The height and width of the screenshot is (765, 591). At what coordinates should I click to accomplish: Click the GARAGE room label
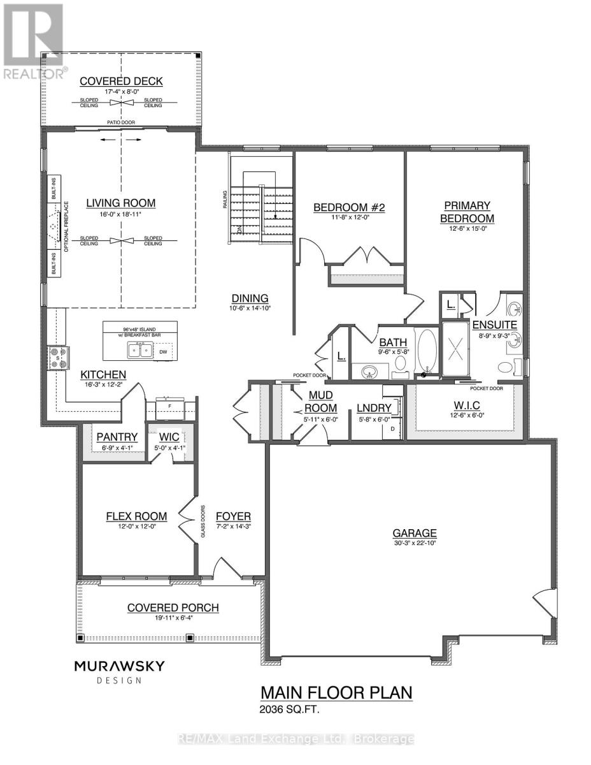coord(414,533)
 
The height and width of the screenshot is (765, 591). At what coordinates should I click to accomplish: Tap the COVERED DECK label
coord(121,81)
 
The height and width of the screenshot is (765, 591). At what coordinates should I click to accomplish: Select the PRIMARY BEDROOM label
coord(468,212)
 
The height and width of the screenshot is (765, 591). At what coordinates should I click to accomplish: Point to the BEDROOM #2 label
coord(350,207)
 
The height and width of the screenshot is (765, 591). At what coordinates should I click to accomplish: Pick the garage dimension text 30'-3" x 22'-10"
coord(414,543)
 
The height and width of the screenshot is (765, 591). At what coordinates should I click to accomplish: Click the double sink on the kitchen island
coord(139,350)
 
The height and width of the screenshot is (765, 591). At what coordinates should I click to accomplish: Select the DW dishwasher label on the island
coord(164,351)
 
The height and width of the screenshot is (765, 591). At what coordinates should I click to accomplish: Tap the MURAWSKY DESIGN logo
coord(120,671)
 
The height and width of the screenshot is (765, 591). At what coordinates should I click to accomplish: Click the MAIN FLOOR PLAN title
coord(337,692)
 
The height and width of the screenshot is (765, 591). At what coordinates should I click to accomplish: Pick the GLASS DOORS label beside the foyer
coord(203,522)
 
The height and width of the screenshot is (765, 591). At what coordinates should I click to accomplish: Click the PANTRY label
coord(117,437)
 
